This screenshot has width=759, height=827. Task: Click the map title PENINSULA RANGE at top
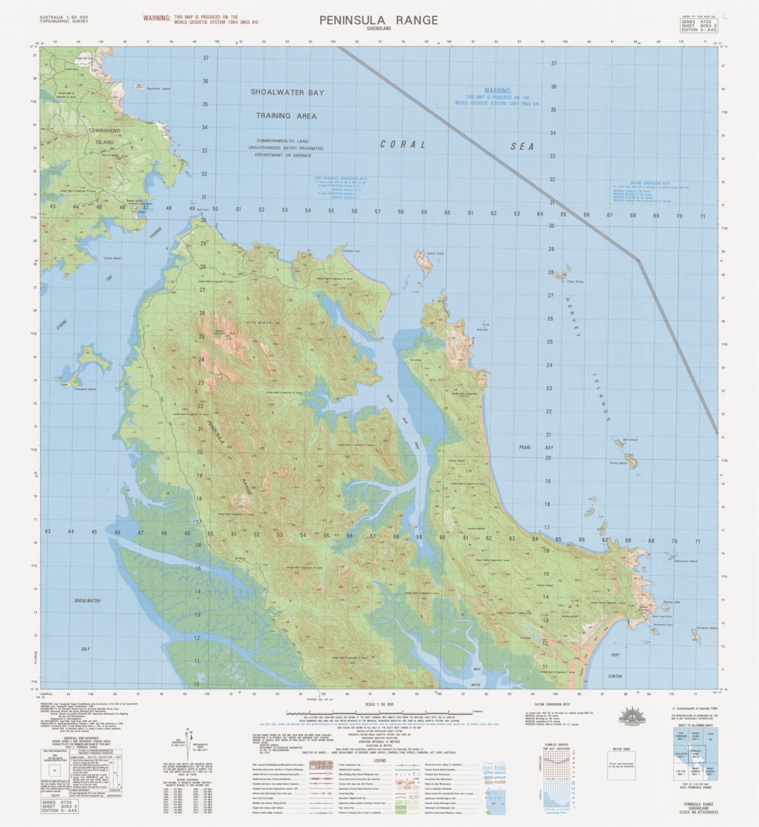(379, 20)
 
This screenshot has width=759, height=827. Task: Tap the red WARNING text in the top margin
(158, 18)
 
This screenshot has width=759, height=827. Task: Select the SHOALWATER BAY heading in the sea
(287, 93)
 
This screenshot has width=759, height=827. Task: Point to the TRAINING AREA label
(286, 116)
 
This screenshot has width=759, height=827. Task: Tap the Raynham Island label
(157, 89)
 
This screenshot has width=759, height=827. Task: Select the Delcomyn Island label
(686, 561)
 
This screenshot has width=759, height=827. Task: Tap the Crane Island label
(112, 258)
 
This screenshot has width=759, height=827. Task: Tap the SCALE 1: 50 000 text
(379, 705)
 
